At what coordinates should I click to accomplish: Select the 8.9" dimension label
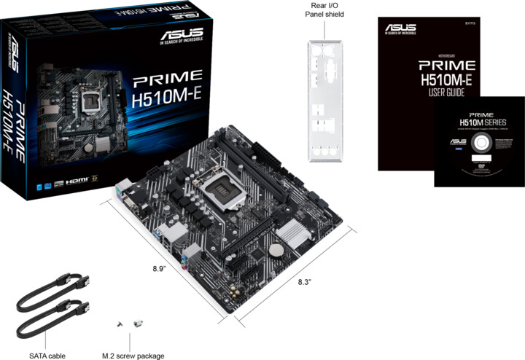(x=160, y=269)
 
